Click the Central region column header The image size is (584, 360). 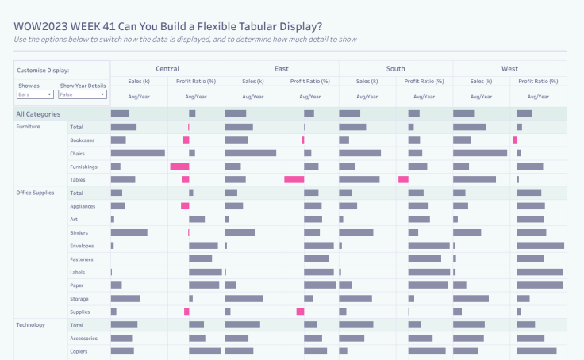167,69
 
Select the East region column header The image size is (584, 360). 282,69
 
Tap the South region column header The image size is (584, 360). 395,69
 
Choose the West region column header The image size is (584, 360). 509,69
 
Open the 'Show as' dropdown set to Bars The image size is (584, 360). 35,94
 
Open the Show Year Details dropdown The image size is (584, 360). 83,94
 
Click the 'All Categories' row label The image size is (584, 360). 38,114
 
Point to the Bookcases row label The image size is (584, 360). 83,140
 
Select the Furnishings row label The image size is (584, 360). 83,167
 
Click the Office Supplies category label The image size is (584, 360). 34,193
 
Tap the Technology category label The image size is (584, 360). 30,325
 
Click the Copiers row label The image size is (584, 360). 79,351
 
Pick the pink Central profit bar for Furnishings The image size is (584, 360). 179,167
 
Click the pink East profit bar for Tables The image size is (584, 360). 294,180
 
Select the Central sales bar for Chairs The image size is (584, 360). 138,153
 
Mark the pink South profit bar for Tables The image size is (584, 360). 403,180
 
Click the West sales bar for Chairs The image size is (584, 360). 480,153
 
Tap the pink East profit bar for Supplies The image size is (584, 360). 300,312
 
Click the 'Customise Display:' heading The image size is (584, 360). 43,71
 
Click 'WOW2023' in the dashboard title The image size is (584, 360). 39,25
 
